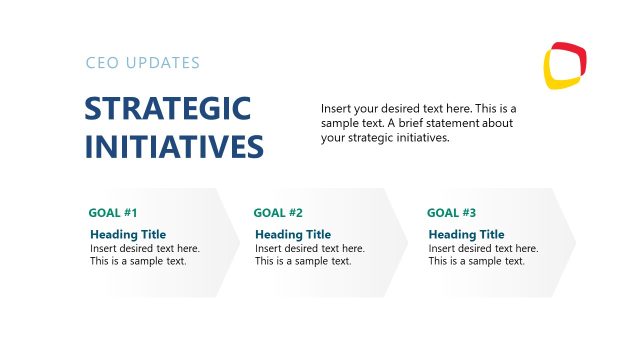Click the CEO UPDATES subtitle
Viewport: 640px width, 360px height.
[x=143, y=63]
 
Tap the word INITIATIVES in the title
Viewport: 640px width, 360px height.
[x=174, y=147]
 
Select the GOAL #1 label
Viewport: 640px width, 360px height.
[x=113, y=213]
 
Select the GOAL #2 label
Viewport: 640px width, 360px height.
[x=278, y=213]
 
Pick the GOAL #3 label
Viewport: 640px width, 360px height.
[x=452, y=213]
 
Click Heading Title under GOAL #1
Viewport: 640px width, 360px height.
[x=128, y=235]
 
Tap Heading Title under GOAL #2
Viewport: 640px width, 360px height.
[x=293, y=235]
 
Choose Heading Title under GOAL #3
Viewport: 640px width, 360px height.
[x=467, y=235]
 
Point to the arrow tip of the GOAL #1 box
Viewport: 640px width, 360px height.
[x=239, y=242]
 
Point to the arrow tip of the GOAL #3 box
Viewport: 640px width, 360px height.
[x=575, y=242]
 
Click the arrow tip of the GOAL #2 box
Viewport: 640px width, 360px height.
[x=409, y=242]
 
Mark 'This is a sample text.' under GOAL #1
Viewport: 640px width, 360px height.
[x=138, y=261]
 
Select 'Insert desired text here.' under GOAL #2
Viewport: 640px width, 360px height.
[x=310, y=248]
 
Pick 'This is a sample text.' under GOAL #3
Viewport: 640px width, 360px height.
[x=477, y=261]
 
